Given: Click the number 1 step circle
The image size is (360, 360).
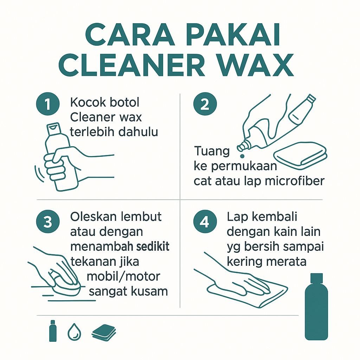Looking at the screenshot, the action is point(48,104).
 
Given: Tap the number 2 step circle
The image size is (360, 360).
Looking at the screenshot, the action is point(205,104).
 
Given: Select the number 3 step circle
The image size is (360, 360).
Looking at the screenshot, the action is point(48,222).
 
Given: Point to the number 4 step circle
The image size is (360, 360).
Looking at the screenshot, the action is point(205,222).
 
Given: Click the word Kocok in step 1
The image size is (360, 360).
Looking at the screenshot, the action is point(88,102).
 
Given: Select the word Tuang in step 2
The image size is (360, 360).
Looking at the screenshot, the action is point(212,152).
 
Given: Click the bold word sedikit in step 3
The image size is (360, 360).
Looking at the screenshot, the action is point(153,246).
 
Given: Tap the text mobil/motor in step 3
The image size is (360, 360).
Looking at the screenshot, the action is point(123,277).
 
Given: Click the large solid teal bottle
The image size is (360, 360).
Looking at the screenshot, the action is point(316,307).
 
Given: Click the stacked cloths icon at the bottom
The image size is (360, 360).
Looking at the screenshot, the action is point(104,333).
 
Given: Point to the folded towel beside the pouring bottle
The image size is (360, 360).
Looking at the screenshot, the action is point(300,155).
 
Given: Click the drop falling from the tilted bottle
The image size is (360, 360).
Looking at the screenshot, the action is point(242,156).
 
